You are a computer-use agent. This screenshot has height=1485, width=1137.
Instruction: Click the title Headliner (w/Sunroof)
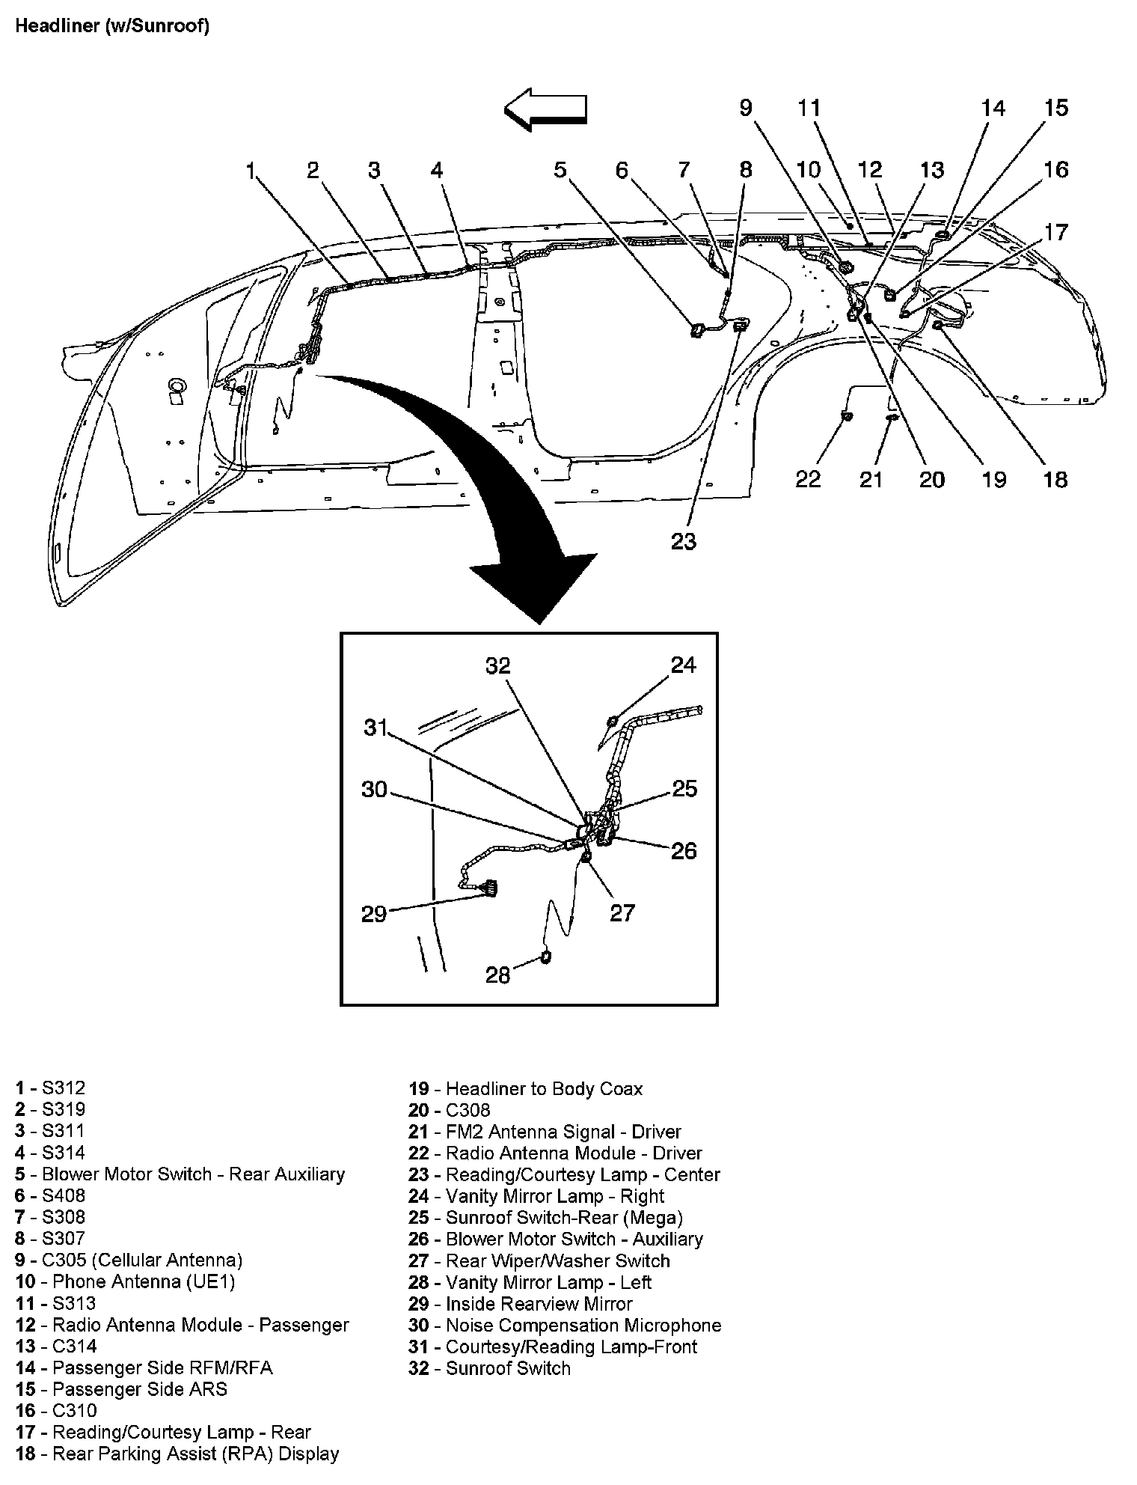pos(112,26)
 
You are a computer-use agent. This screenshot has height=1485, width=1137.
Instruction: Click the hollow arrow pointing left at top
pos(545,109)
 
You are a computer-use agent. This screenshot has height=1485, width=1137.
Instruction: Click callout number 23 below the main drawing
pos(683,541)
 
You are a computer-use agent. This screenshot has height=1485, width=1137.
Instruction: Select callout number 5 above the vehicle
pos(560,170)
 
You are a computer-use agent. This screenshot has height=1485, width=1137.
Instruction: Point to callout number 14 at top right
pos(993,109)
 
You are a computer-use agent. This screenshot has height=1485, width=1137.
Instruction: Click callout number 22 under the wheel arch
pos(808,479)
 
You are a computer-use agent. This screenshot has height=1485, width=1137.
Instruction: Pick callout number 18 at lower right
pos(1055,479)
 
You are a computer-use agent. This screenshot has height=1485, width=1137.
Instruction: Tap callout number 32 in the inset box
pos(497,665)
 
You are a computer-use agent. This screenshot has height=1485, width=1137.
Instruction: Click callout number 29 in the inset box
pos(373,914)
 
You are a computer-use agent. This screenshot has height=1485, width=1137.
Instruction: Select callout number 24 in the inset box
pos(683,665)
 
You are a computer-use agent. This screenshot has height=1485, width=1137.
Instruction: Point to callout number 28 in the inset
pos(497,975)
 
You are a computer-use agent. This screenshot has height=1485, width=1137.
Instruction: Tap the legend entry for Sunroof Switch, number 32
pos(489,1367)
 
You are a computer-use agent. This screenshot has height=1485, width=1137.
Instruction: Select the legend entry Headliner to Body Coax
pos(525,1088)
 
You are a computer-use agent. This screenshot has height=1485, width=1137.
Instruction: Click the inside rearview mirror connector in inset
pos(490,888)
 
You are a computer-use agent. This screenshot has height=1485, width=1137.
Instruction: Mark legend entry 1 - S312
pos(50,1088)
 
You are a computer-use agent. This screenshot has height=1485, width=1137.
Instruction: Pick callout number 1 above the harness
pos(251,171)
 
